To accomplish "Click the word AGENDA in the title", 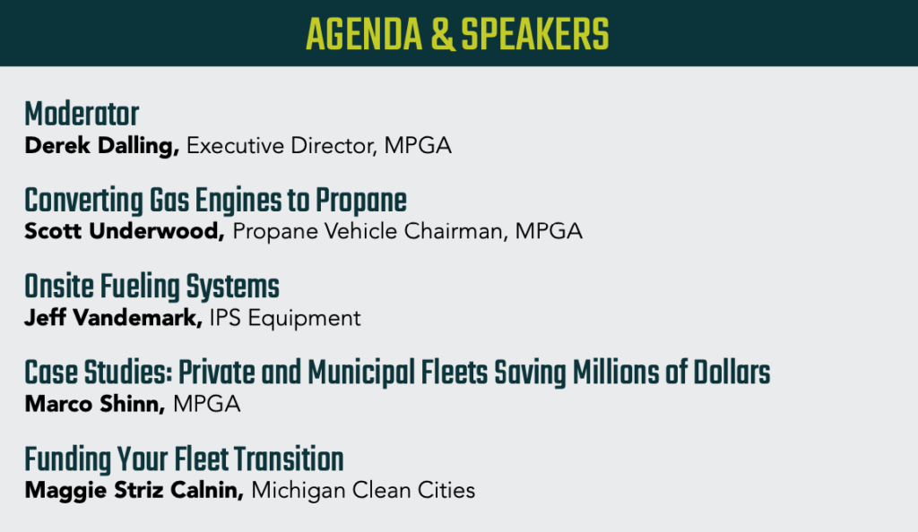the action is tap(364, 35).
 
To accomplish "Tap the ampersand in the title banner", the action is tap(442, 35).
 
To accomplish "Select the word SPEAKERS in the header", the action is tap(534, 35).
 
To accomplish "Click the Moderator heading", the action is tap(82, 114).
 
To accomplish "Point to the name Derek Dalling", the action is tap(102, 146).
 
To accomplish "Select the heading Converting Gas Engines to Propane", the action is tap(215, 201).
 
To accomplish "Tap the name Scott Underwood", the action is tap(124, 231).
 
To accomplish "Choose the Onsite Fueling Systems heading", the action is tap(152, 287).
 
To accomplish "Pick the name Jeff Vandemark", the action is tap(113, 318).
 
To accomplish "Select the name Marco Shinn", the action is tap(95, 404).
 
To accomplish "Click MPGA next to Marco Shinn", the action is tap(207, 404).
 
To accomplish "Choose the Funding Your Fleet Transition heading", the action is tap(184, 459).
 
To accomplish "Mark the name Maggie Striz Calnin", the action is tap(134, 491).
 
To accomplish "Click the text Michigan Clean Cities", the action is tap(363, 491).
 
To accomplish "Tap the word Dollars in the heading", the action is tap(732, 373).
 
